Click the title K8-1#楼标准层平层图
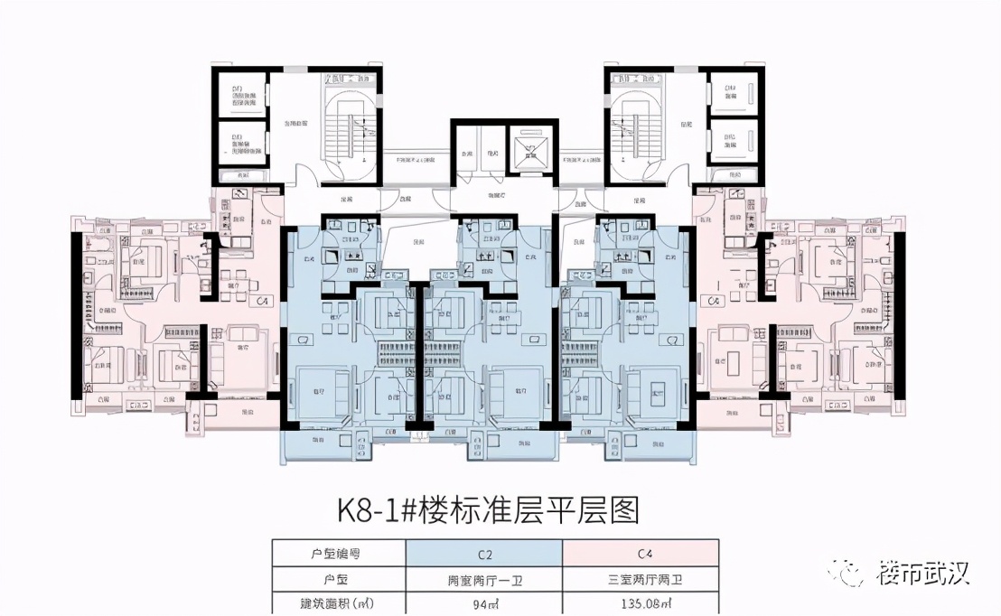click(x=488, y=510)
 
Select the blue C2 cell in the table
click(x=483, y=554)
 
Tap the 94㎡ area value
click(x=483, y=602)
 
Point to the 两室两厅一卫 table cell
click(x=483, y=578)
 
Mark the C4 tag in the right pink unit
click(x=714, y=300)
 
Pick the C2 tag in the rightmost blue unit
click(x=670, y=339)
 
